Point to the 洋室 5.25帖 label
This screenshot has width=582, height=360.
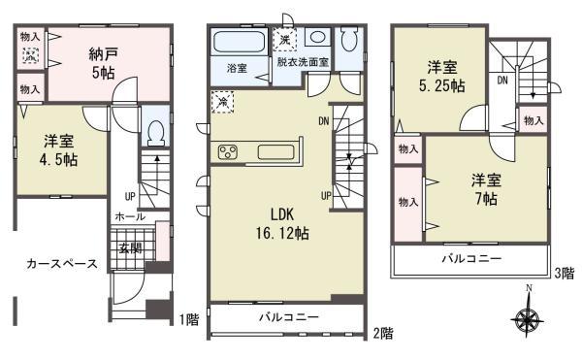[442, 77]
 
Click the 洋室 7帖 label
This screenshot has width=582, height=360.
[485, 189]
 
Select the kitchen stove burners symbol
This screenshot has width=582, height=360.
[231, 151]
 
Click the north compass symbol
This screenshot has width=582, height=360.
[528, 317]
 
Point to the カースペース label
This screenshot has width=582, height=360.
[61, 263]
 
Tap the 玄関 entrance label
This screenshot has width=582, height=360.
[130, 246]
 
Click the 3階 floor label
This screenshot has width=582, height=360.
[565, 274]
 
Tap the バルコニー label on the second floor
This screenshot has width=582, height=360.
[288, 317]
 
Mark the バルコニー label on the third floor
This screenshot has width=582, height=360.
[470, 260]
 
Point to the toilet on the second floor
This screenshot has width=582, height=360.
[349, 41]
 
